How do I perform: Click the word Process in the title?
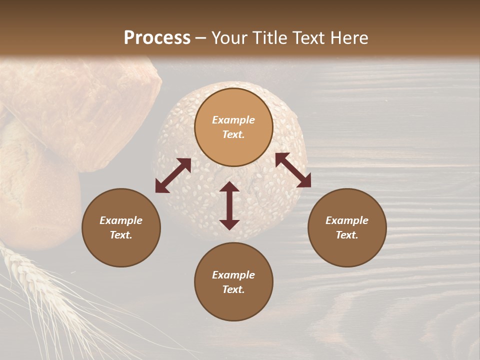(157, 37)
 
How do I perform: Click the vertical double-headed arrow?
(229, 205)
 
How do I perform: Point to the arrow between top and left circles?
(173, 175)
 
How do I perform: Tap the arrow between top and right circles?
(293, 170)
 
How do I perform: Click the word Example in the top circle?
(233, 120)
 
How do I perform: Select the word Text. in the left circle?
(121, 235)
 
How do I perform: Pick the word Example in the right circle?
(347, 220)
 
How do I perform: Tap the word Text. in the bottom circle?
(233, 289)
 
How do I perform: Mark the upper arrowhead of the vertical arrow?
(229, 187)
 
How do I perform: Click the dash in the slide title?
(200, 38)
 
